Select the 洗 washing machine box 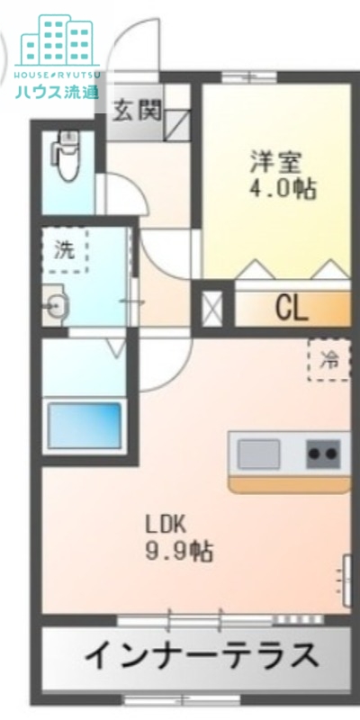[65, 250]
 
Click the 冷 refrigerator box [329, 360]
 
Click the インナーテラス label [201, 655]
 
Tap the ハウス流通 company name [56, 91]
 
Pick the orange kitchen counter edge [289, 485]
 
